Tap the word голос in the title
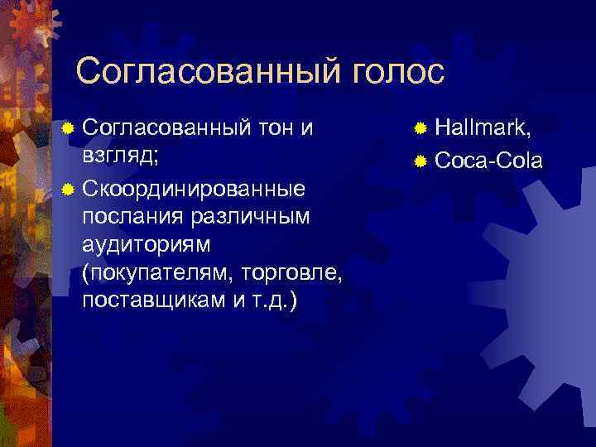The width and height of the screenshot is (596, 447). point(388,71)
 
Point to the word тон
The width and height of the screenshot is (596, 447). point(276,128)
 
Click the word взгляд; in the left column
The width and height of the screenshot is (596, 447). point(122,157)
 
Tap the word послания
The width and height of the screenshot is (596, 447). point(131,216)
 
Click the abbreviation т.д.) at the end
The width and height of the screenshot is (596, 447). point(274,300)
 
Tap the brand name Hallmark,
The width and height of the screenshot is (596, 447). point(483,128)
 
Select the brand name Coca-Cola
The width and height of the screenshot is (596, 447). point(488,159)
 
